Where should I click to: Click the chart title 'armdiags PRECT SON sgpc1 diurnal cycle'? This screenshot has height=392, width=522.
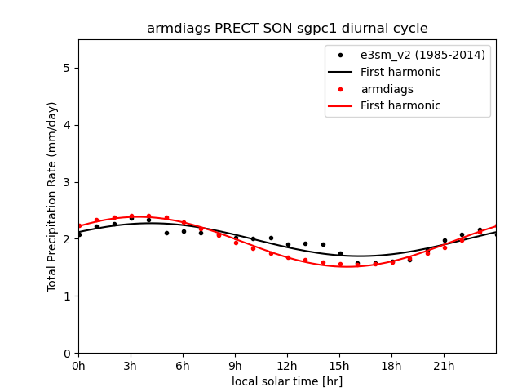pos(287,29)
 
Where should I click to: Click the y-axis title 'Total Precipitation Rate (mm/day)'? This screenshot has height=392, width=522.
pos(52,196)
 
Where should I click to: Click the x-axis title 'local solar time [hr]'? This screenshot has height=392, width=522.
pos(287,381)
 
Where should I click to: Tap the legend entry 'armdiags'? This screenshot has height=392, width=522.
pos(387,89)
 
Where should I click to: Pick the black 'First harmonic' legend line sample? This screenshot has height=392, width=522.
pos(340,72)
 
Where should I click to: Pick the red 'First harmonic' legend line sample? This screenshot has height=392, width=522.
pos(340,106)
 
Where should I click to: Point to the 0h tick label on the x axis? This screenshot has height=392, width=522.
pos(78,366)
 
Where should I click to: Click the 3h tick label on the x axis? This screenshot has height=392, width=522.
pos(130,366)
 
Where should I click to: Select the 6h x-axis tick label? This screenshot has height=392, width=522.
pos(183,366)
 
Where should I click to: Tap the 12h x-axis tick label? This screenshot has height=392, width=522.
pos(287,366)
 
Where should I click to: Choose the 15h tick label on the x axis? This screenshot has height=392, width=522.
pos(339,366)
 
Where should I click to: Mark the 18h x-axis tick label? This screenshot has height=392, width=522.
pos(391,366)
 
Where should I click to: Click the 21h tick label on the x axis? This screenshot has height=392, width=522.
pos(444,366)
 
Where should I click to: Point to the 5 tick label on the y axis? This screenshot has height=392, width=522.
pos(67,68)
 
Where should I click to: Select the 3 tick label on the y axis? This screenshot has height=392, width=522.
pos(67,182)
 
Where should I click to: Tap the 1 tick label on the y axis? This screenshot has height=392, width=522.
pos(67,296)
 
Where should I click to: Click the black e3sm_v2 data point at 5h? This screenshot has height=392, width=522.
pos(166,233)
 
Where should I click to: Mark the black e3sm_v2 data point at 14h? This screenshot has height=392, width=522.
pos(323,244)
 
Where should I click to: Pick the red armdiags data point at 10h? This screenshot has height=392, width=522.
pos(253,248)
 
